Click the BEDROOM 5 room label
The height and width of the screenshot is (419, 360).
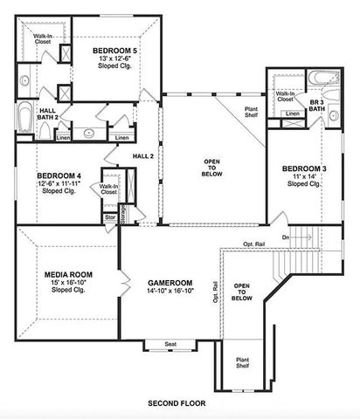point(115,52)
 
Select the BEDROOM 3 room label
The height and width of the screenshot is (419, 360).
point(304,168)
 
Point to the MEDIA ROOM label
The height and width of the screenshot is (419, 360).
point(67,274)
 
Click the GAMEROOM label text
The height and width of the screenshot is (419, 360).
point(170,284)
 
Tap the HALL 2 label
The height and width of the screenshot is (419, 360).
point(143,155)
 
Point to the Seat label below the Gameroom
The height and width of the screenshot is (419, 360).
point(170,345)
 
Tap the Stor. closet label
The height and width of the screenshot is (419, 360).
point(110,217)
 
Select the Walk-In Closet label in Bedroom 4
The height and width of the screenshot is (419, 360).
point(109,189)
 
